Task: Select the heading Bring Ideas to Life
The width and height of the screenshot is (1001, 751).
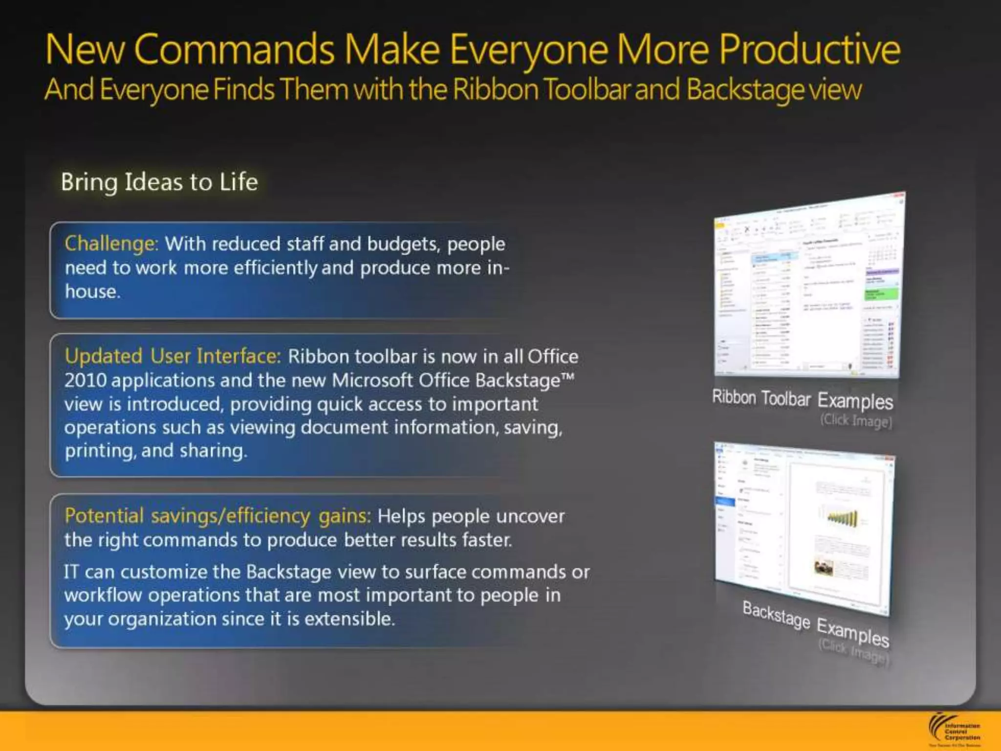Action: coord(159,182)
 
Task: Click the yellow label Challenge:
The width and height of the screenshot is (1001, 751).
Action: coord(111,243)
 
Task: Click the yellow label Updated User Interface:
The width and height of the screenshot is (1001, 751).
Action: coord(173,356)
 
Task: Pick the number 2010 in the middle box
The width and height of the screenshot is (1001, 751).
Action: coord(85,380)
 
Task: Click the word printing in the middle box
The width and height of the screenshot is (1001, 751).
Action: coord(100,451)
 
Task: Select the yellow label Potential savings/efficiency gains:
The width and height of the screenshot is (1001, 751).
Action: coord(218,516)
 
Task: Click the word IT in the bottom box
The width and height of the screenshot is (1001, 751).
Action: coord(71,572)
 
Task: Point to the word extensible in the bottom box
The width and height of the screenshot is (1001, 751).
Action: coord(348,619)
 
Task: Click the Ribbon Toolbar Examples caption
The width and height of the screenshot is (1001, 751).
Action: coord(802,399)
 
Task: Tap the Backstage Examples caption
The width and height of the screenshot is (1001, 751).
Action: coord(815,623)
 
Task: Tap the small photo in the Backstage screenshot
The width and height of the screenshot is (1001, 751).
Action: coord(824,567)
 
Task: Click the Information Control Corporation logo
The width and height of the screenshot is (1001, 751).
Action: coord(955,730)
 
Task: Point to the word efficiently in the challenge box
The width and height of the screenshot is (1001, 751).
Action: coord(276,268)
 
